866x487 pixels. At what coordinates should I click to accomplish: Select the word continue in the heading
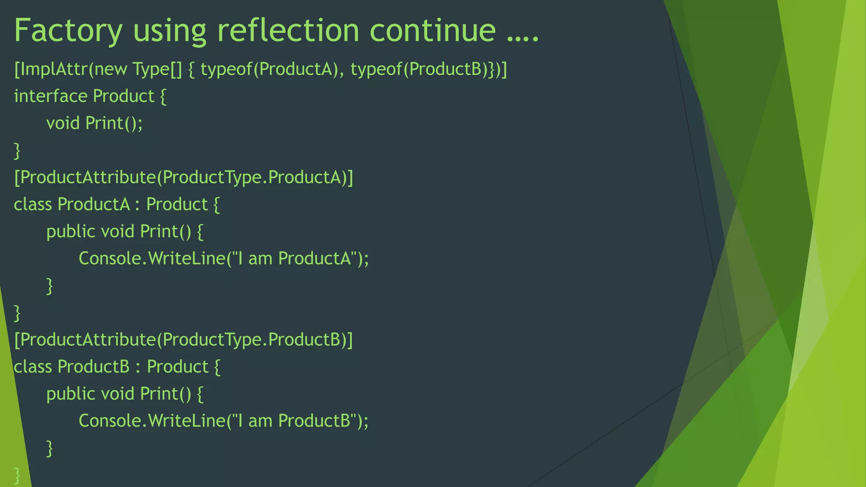pos(432,30)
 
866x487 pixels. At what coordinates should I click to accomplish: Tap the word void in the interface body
pos(63,123)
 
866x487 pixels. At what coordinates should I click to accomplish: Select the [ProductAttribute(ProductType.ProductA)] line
pos(184,178)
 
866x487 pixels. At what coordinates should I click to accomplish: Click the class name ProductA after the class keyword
pos(93,205)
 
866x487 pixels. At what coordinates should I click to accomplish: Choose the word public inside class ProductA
pos(71,232)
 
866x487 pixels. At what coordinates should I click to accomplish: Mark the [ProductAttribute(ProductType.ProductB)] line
pos(184,340)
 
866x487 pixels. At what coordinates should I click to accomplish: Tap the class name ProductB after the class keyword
pos(93,367)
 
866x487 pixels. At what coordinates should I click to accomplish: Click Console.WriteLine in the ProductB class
pos(152,421)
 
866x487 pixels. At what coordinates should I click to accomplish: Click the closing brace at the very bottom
pos(17,475)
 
